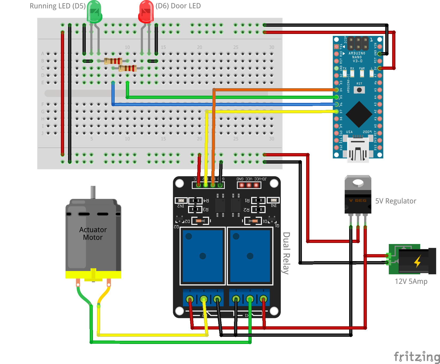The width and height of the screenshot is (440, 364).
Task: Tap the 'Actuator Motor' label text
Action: point(93,233)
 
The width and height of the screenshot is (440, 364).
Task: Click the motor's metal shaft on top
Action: point(93,192)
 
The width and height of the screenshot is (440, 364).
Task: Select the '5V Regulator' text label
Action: point(396,201)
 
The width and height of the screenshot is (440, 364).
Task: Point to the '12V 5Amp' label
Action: point(411,281)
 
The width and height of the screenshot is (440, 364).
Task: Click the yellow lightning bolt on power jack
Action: point(418,261)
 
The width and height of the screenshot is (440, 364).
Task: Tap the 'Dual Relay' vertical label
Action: point(286,253)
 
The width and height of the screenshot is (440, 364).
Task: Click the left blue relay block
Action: point(203,256)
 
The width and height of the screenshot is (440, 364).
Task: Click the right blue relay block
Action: point(250,256)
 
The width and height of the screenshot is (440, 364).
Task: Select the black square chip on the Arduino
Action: point(359,114)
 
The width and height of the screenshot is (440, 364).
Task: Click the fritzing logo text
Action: point(416,357)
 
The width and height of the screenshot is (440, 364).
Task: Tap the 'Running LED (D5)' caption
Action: point(58,6)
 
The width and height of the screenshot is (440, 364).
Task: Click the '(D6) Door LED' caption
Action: point(178,6)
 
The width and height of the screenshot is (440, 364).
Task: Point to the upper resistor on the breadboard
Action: point(113,61)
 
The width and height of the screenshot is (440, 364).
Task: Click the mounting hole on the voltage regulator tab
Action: point(358,183)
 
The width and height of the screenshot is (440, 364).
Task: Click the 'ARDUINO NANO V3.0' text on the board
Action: point(357,57)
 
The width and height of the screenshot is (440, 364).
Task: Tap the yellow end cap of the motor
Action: point(93,274)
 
